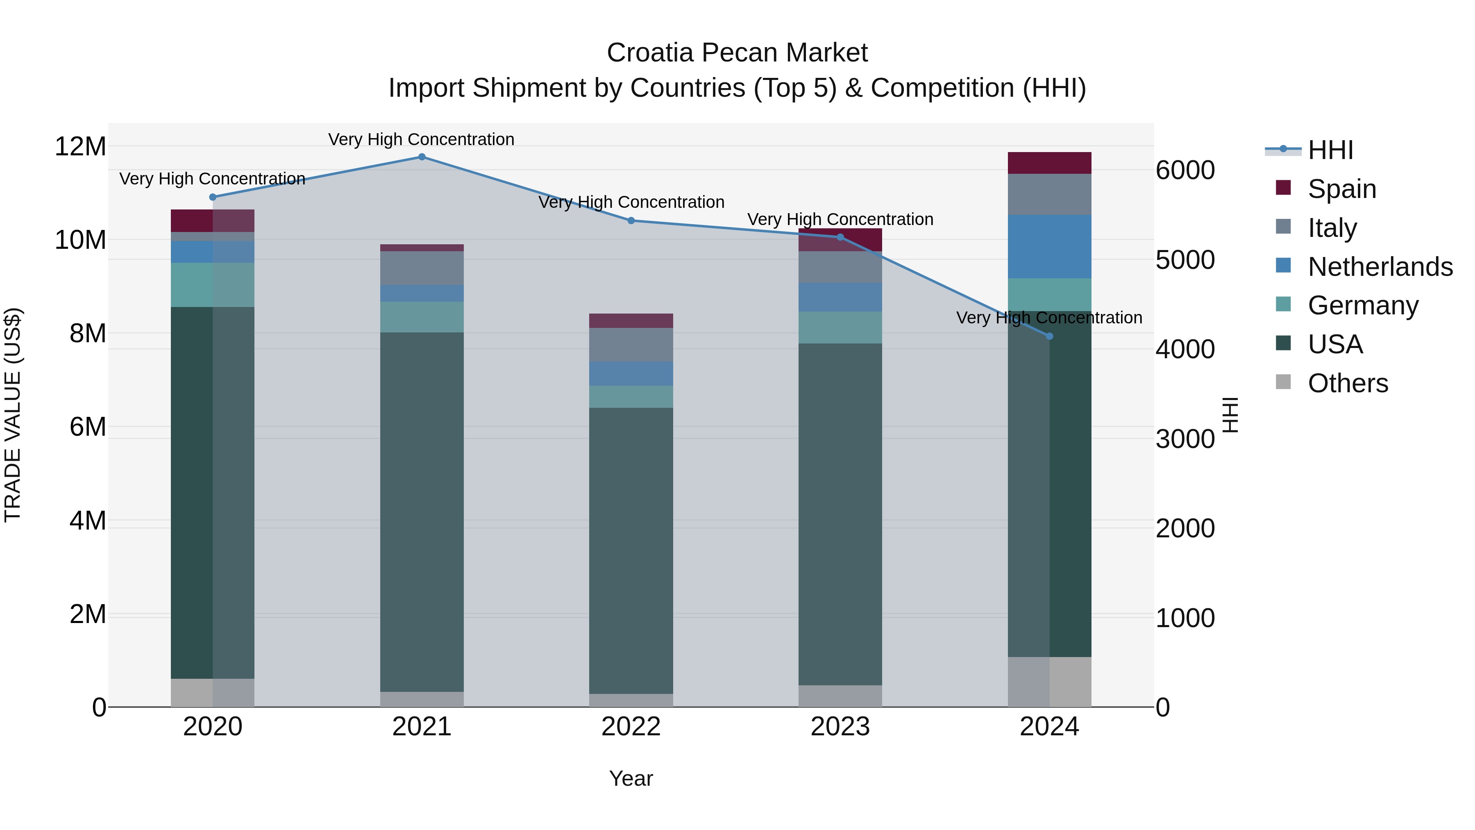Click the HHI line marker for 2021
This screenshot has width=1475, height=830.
[422, 157]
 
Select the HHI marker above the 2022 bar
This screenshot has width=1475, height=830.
[631, 221]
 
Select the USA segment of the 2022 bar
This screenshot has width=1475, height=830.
[631, 550]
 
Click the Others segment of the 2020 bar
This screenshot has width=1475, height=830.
[212, 693]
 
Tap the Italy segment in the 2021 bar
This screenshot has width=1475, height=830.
[422, 268]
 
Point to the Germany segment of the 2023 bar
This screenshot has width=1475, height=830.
[840, 327]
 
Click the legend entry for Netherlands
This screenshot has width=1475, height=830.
[1380, 267]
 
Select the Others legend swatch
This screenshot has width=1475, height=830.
[1283, 382]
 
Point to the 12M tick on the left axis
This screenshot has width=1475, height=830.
[80, 147]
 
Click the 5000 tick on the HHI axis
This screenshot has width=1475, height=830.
[1185, 260]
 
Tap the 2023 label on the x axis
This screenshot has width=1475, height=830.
[840, 727]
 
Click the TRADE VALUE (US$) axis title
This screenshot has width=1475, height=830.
[13, 415]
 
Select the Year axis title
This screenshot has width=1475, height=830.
[631, 778]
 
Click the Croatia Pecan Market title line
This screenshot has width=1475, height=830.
[737, 53]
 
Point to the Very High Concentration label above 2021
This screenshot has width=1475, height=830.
[422, 139]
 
